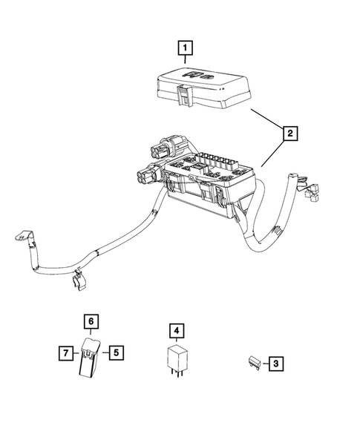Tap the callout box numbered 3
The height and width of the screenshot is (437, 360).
pyautogui.click(x=275, y=364)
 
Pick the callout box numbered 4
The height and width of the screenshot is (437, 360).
pyautogui.click(x=175, y=330)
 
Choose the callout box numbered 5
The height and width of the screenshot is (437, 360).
pyautogui.click(x=117, y=352)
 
